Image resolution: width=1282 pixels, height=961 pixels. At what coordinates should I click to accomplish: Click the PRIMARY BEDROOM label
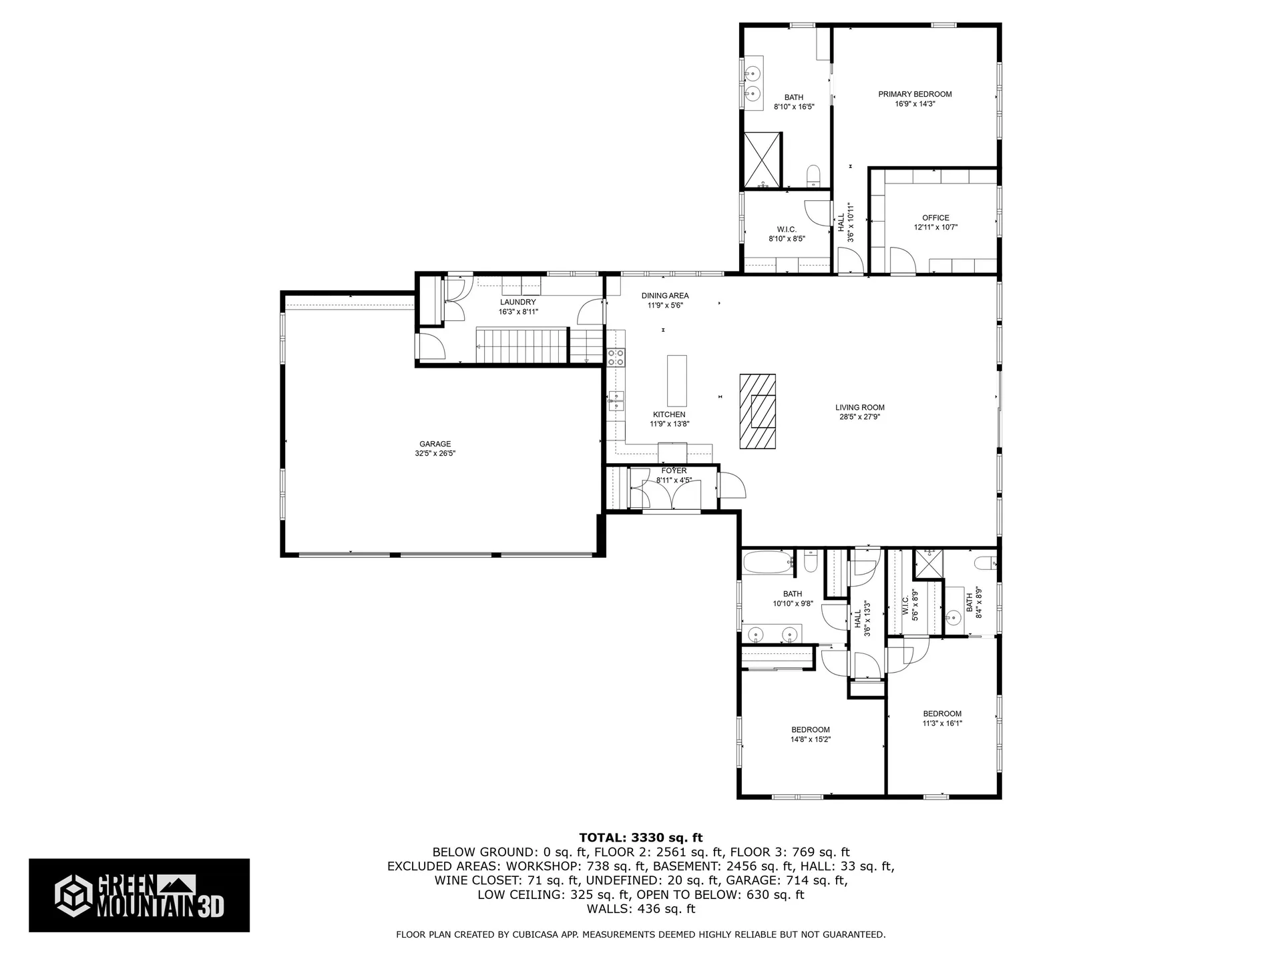click(915, 94)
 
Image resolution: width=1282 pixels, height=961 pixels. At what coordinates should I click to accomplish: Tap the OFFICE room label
click(935, 218)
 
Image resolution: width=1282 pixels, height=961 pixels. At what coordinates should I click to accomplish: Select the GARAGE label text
click(435, 444)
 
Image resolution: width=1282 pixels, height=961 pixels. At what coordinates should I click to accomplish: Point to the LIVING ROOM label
click(859, 408)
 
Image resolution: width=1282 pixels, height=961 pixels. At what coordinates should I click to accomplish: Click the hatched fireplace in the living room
click(757, 412)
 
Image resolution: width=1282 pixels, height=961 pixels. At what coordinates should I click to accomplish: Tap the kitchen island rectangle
click(677, 381)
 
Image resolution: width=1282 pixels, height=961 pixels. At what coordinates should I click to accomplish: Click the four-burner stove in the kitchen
click(616, 357)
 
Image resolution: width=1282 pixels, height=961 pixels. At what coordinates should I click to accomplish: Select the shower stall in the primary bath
click(763, 160)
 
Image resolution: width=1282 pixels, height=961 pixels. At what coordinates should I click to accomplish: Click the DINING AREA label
click(665, 296)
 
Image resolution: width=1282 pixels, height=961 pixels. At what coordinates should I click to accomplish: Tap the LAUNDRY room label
click(518, 302)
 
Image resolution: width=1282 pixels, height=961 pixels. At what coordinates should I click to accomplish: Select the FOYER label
click(674, 470)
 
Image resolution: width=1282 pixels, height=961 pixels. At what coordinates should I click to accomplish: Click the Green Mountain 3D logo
click(139, 895)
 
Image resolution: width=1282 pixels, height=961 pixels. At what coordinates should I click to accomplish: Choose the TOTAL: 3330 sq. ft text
click(640, 838)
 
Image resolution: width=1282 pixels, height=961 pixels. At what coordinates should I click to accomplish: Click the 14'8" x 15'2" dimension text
click(811, 739)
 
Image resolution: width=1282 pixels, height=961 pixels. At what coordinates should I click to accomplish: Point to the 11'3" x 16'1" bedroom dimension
click(942, 723)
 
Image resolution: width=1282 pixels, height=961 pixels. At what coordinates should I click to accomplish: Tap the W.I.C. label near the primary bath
click(787, 230)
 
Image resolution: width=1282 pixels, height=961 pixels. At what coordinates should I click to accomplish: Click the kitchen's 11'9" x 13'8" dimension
click(669, 424)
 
